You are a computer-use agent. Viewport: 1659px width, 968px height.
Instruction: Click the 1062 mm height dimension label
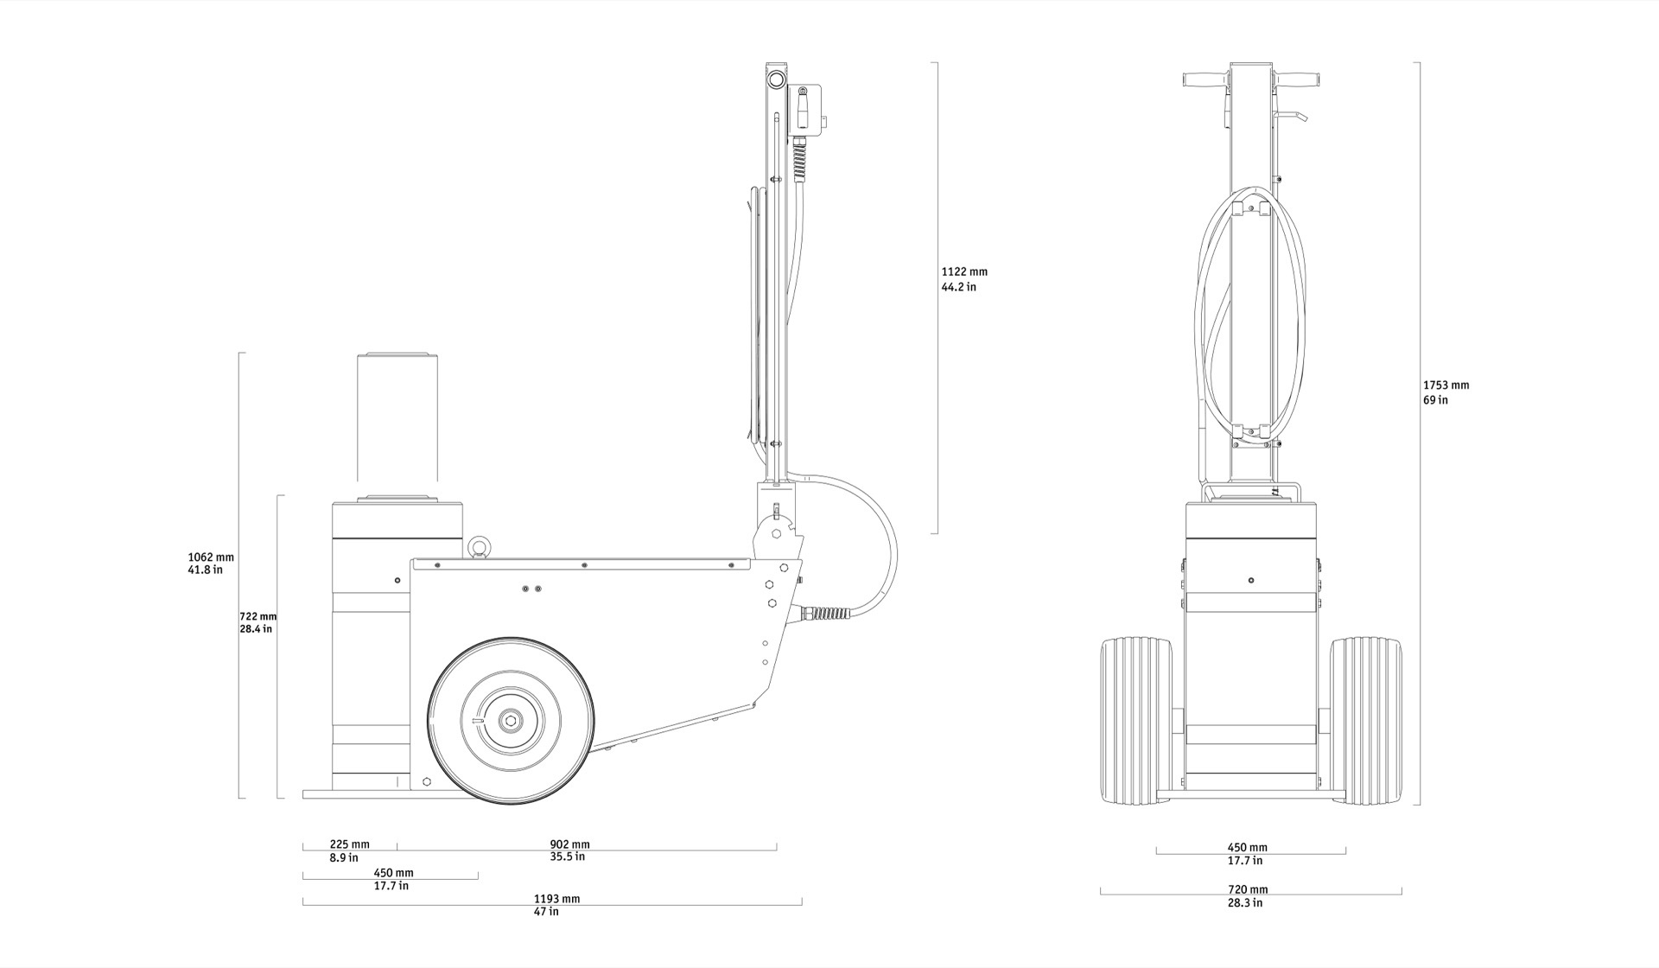[x=211, y=557]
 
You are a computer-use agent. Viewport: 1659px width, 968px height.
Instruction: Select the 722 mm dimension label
[x=257, y=616]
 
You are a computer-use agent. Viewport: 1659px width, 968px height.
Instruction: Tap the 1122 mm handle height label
[x=964, y=271]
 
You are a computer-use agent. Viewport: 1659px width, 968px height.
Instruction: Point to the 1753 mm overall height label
[x=1446, y=385]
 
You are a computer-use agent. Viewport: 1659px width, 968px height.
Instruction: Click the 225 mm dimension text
[x=349, y=844]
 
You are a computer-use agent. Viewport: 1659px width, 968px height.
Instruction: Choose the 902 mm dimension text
[x=569, y=844]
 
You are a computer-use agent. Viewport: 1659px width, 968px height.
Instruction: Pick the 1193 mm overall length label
[x=556, y=899]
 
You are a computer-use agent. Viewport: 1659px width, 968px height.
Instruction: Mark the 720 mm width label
[x=1248, y=889]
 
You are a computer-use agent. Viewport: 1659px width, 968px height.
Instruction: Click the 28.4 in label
[x=256, y=629]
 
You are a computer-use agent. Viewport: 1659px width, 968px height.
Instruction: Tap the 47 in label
[x=546, y=912]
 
